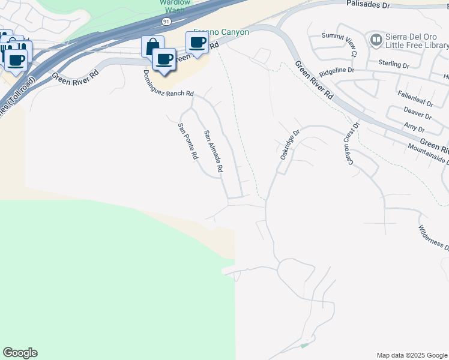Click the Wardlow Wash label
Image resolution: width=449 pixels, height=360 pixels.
(x=174, y=7)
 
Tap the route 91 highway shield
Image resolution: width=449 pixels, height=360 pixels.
(x=166, y=21)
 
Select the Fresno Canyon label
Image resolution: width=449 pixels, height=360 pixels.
(x=221, y=32)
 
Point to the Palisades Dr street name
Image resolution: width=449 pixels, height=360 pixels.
(x=369, y=4)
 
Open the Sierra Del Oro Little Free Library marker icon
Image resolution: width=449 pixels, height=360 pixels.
(x=376, y=40)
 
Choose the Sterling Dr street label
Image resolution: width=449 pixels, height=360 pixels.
(x=394, y=62)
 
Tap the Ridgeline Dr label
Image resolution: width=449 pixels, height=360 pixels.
(x=337, y=70)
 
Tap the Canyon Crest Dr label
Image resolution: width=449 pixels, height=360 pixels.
(x=350, y=144)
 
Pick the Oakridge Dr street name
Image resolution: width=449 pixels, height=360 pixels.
(x=289, y=144)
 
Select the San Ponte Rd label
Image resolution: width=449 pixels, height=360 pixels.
(x=187, y=142)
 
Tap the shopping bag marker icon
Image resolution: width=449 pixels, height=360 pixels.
(x=152, y=46)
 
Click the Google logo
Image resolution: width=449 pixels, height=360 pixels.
(x=20, y=353)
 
